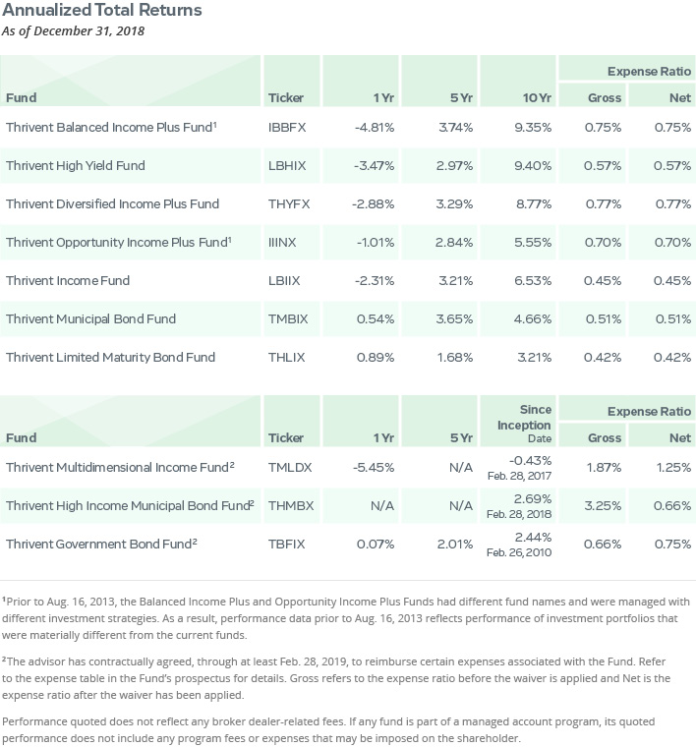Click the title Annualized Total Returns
tap(102, 10)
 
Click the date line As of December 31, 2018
tap(73, 31)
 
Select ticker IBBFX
tap(287, 128)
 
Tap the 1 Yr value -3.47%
tap(374, 166)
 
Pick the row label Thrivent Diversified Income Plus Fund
tap(112, 203)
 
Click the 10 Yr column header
tap(537, 97)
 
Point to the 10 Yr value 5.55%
tap(533, 243)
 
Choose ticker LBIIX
tap(284, 280)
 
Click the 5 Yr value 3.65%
tap(454, 318)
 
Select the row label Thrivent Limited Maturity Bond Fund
tap(110, 358)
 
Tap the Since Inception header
tap(524, 418)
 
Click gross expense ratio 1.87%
tap(604, 467)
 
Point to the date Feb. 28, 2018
tap(519, 514)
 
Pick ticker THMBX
tap(291, 505)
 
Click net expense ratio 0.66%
tap(672, 505)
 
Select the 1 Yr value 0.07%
tap(376, 545)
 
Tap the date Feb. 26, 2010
tap(519, 552)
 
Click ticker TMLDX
tap(290, 467)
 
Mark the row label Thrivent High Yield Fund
tap(76, 166)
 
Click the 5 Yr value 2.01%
tap(455, 545)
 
